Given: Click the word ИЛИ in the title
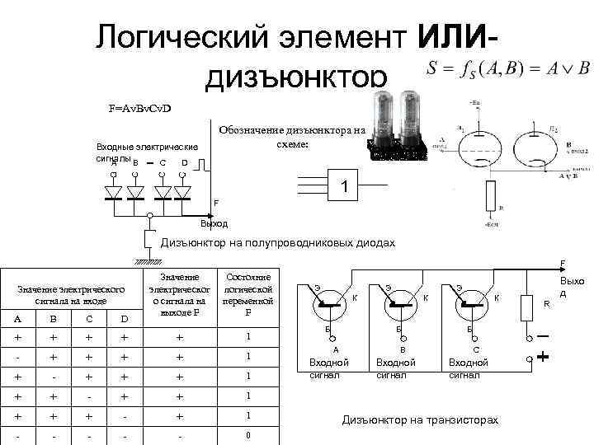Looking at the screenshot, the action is pos(456,36).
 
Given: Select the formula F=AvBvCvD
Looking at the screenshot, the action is pos(139,108).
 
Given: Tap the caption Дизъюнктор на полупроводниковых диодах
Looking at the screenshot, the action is pos(278,243).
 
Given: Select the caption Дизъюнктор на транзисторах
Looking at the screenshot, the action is pos(420,420).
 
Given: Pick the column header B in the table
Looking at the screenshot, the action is pos(53,319).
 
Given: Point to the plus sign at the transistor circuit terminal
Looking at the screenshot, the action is pos(543,358).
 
